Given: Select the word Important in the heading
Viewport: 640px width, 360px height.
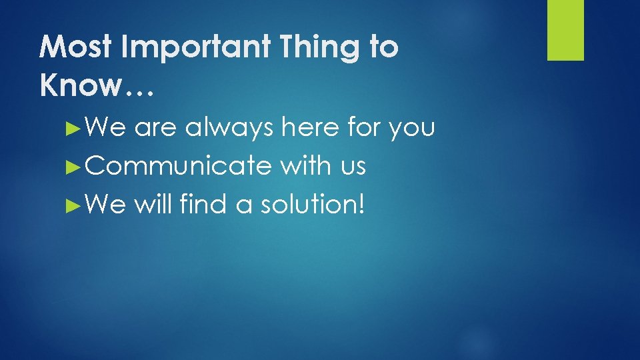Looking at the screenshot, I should point(188,47).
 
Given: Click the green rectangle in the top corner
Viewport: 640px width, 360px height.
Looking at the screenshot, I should point(565,30).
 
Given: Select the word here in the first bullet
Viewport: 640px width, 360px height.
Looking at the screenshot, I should point(310,127).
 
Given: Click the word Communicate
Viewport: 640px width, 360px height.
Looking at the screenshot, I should point(178,166).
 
